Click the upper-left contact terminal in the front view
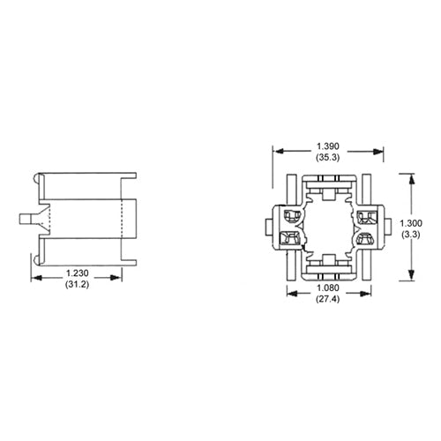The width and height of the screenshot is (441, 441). tap(288, 215)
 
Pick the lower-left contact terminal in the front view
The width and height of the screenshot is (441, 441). tap(288, 237)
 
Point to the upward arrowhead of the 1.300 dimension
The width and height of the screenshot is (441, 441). tap(412, 176)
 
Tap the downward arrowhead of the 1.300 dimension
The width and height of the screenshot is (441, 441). tap(412, 276)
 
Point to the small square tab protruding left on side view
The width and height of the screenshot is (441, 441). tap(26, 218)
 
